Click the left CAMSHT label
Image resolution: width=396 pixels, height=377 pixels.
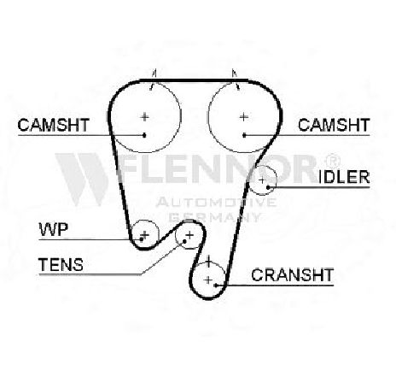pyautogui.click(x=54, y=125)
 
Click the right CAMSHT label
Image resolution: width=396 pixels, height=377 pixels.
pyautogui.click(x=334, y=125)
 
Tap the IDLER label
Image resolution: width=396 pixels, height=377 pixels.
pyautogui.click(x=344, y=177)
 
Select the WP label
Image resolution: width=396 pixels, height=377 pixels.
pyautogui.click(x=54, y=229)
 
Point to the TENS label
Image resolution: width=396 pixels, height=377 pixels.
pyautogui.click(x=61, y=264)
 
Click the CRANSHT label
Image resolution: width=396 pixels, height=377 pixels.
pyautogui.click(x=292, y=275)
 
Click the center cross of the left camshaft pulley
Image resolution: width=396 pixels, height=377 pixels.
pyautogui.click(x=145, y=117)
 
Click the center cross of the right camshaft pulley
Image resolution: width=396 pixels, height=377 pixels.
pyautogui.click(x=243, y=117)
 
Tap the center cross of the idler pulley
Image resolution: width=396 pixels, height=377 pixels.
pyautogui.click(x=262, y=180)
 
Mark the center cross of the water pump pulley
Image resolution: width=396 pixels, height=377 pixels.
pyautogui.click(x=145, y=234)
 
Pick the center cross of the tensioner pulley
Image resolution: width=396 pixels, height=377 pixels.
pyautogui.click(x=189, y=235)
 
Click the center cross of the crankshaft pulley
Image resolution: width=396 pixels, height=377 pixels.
pyautogui.click(x=208, y=280)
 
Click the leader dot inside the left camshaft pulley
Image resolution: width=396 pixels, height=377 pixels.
pyautogui.click(x=144, y=135)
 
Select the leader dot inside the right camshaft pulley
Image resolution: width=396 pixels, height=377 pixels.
pyautogui.click(x=244, y=135)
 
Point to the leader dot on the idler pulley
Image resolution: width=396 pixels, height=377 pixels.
pyautogui.click(x=268, y=187)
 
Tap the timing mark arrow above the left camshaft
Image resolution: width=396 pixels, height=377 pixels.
pyautogui.click(x=154, y=80)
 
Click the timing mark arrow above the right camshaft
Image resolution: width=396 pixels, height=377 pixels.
pyautogui.click(x=236, y=80)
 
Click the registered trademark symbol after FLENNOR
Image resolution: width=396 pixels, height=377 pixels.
pyautogui.click(x=332, y=161)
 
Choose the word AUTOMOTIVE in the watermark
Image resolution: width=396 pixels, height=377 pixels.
pyautogui.click(x=216, y=202)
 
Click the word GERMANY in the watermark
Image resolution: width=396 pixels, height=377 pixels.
pyautogui.click(x=215, y=217)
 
